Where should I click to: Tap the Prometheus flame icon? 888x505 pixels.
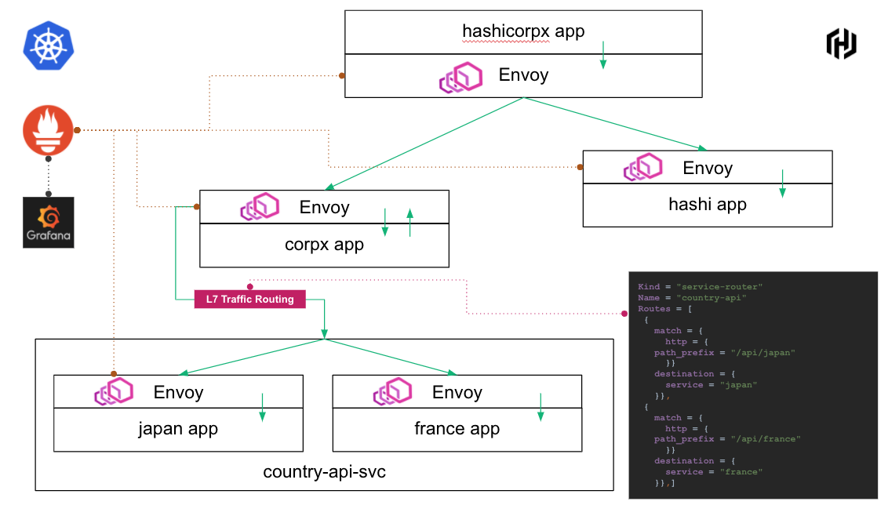[49, 131]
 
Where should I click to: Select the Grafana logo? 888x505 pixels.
[49, 223]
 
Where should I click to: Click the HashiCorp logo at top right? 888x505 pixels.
[841, 43]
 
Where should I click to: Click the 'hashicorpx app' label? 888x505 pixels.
[523, 32]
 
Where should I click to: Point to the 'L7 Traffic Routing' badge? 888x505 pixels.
[250, 299]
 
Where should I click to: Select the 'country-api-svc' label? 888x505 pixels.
[324, 472]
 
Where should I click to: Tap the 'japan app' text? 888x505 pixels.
[178, 429]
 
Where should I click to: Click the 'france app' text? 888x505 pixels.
[457, 429]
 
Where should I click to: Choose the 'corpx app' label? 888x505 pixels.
[324, 244]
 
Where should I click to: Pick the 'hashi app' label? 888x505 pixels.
[707, 205]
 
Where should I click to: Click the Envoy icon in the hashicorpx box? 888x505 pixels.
[460, 77]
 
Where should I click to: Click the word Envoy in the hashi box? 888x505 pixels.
[708, 168]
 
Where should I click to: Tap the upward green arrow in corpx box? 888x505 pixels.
[409, 222]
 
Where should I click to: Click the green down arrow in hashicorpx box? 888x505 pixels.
[602, 55]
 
